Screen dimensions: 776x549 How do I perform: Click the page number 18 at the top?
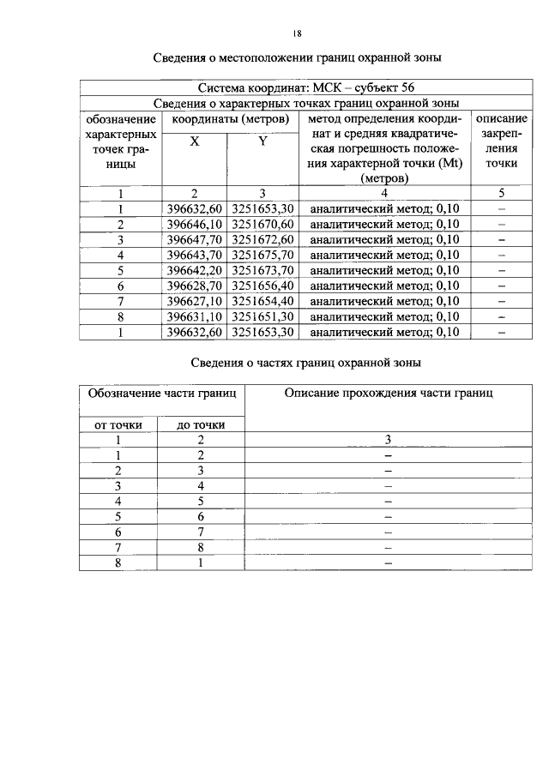point(296,33)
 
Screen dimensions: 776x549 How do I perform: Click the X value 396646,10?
point(195,224)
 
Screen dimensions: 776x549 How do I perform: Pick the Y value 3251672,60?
point(263,239)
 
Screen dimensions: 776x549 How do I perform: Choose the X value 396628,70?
point(195,286)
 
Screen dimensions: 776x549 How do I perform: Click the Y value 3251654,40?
point(263,301)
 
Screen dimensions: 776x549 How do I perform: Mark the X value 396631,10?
point(195,316)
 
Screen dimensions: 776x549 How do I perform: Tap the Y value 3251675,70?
point(263,255)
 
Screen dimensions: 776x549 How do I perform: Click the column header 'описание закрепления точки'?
point(501,140)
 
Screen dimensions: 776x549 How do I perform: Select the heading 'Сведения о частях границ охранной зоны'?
point(305,363)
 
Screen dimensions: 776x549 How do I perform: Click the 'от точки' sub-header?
point(119,424)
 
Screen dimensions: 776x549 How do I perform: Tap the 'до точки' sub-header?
point(201,424)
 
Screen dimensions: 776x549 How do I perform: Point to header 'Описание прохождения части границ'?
point(389,393)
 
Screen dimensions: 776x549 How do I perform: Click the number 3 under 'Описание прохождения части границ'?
point(388,439)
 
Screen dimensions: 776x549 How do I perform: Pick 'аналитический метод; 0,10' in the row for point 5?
point(384,270)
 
